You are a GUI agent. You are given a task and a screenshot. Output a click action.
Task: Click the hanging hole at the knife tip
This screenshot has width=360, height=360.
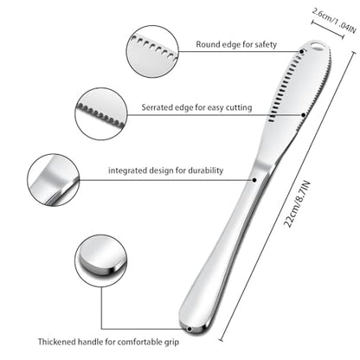318,46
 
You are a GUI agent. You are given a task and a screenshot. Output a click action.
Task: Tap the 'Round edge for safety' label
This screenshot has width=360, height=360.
236,44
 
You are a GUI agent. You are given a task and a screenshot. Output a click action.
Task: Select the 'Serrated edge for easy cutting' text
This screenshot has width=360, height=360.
196,107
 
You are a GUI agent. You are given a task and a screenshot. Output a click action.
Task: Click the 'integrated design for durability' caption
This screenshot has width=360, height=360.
165,170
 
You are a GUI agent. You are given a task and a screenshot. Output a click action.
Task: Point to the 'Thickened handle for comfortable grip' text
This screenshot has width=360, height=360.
108,342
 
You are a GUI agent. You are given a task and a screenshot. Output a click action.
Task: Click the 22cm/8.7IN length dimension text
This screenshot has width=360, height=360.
297,203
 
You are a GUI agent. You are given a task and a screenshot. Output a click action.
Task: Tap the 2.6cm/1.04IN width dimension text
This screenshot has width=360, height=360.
334,21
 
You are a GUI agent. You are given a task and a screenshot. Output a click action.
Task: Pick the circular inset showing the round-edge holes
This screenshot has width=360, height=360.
152,51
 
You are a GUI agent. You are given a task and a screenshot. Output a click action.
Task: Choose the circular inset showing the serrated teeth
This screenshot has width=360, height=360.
101,114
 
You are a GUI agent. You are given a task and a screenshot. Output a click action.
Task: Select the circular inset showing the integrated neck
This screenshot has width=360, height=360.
54,180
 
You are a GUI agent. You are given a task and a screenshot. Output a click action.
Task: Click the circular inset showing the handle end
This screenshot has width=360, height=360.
101,260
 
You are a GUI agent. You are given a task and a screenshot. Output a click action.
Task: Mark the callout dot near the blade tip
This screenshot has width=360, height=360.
301,52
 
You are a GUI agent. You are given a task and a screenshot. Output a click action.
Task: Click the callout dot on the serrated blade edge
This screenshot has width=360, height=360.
304,115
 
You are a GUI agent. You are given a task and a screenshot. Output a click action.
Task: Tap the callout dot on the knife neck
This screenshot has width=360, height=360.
254,180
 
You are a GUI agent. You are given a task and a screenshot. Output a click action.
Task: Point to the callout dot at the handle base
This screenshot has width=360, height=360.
190,329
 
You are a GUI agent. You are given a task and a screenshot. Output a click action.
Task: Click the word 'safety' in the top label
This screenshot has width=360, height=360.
266,45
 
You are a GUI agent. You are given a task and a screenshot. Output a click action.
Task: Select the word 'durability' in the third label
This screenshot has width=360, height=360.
206,170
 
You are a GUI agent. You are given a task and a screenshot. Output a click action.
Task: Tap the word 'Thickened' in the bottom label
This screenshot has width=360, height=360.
56,342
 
